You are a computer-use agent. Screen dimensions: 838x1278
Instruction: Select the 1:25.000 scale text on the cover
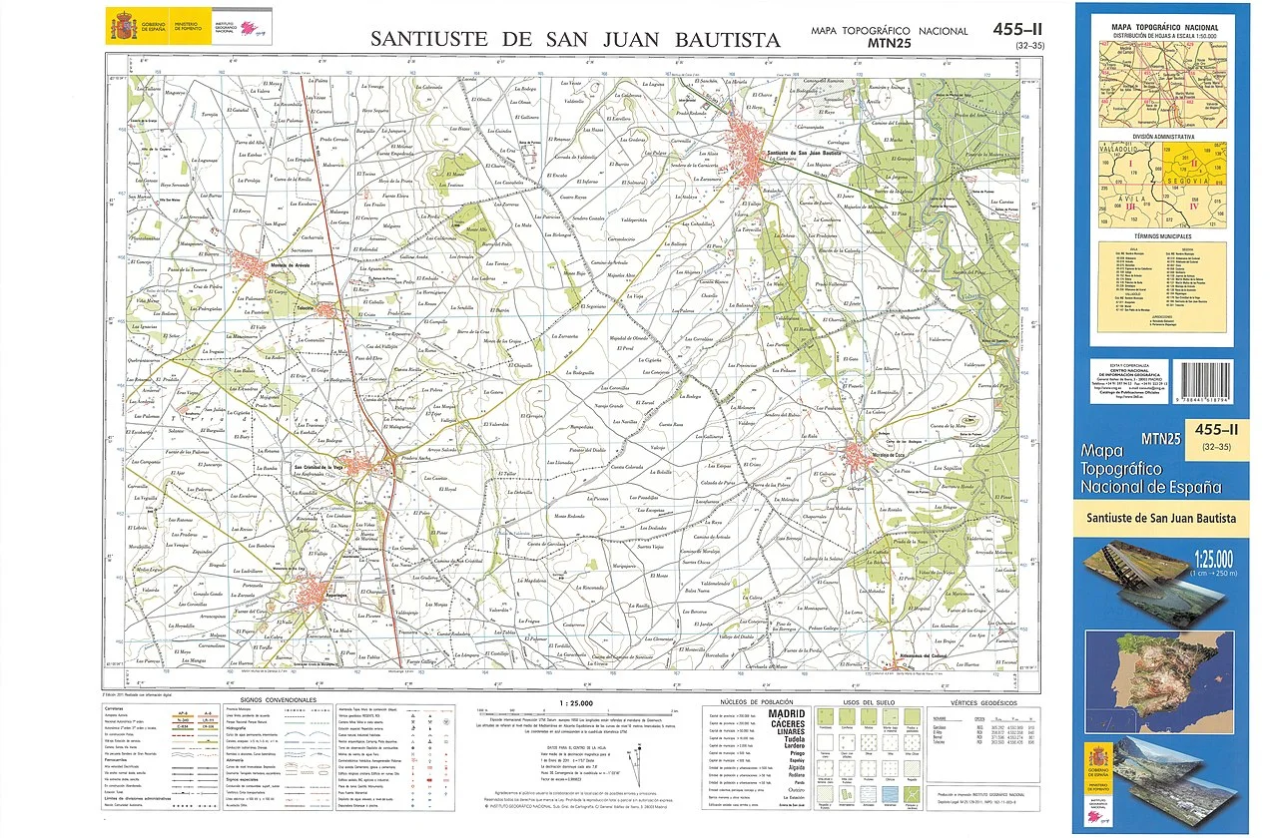[1209, 558]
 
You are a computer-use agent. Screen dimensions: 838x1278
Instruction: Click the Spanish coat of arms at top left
[125, 22]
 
